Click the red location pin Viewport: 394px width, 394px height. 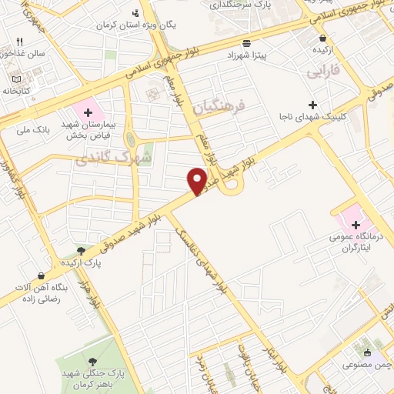197,180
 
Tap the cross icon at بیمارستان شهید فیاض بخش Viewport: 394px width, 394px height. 89,112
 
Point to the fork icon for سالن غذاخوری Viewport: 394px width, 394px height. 20,41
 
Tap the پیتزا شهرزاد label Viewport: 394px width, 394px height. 245,56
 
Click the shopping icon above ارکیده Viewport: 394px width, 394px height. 322,38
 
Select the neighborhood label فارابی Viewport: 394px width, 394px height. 323,72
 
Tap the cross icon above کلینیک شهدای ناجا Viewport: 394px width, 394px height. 312,105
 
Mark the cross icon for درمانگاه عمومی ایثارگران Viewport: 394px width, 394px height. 344,224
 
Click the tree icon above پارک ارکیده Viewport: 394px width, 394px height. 82,251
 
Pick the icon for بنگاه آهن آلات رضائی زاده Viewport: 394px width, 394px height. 42,275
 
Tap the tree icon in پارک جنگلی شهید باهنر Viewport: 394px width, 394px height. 94,362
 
